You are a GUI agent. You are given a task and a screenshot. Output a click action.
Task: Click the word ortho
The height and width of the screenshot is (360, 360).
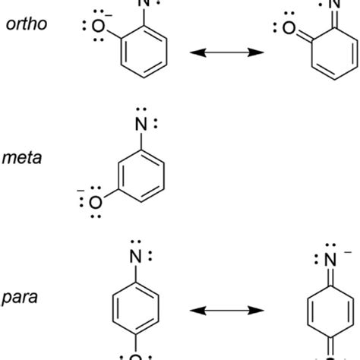27,24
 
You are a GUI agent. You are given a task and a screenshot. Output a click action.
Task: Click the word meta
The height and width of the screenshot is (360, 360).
22,158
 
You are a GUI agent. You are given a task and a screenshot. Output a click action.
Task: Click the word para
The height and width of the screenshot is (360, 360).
20,298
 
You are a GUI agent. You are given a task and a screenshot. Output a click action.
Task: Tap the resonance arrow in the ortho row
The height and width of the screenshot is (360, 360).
227,52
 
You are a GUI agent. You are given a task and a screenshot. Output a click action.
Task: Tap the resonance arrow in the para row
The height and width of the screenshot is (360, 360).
227,311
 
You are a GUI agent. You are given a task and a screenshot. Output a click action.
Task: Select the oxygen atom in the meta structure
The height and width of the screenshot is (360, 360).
96,203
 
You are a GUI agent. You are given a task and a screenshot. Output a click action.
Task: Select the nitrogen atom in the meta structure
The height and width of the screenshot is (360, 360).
141,125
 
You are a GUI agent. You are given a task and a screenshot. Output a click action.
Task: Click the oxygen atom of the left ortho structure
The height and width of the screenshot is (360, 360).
98,27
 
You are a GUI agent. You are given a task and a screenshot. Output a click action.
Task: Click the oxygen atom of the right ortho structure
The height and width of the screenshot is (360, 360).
289,28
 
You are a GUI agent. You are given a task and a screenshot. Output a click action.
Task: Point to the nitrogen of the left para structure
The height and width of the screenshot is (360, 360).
135,257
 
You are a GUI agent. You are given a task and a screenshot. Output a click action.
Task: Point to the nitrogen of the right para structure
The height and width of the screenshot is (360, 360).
330,260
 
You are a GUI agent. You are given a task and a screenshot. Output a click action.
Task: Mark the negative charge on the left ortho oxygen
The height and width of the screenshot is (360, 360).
109,16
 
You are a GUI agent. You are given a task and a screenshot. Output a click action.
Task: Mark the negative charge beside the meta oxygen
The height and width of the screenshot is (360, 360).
81,191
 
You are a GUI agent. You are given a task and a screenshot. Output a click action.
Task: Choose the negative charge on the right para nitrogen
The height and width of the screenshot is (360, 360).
348,252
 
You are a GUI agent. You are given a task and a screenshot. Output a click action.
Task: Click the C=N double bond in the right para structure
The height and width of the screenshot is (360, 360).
330,277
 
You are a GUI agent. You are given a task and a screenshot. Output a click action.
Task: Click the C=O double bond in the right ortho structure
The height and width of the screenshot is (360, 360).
305,35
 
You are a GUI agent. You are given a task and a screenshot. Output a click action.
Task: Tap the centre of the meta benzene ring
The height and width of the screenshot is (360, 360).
141,176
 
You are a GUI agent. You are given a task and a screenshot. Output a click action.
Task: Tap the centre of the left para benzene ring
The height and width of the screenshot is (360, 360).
136,308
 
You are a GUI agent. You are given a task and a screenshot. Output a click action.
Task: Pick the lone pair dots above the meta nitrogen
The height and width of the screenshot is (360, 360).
141,109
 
